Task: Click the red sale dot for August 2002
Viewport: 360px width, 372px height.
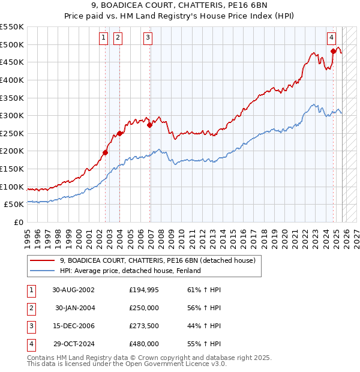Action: coord(105,152)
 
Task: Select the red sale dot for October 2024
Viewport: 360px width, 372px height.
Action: coord(333,52)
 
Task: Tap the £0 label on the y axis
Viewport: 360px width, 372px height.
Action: coord(18,222)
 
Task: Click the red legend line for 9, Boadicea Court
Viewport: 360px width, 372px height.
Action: coord(43,260)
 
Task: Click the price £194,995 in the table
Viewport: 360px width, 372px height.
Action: coord(144,290)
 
